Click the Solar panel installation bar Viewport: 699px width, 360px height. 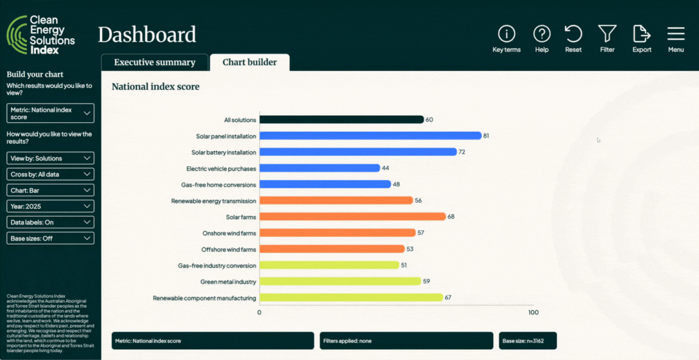click(x=370, y=136)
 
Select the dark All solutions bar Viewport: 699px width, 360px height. click(x=342, y=120)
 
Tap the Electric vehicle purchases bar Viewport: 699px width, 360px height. click(x=320, y=168)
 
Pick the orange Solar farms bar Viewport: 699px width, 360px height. click(x=353, y=217)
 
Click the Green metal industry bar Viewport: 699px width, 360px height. click(x=340, y=282)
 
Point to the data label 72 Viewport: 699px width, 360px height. click(x=462, y=152)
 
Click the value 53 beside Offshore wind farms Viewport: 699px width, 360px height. click(x=410, y=250)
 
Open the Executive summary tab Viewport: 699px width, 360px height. click(x=155, y=63)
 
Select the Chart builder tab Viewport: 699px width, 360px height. click(x=249, y=63)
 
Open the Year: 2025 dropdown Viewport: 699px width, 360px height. click(x=51, y=206)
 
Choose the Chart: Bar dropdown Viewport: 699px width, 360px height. click(x=51, y=191)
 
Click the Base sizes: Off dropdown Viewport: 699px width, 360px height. click(x=51, y=239)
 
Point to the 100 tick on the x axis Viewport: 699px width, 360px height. click(x=533, y=313)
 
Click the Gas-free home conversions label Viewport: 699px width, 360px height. click(x=218, y=185)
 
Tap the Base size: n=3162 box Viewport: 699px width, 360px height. click(x=527, y=341)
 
